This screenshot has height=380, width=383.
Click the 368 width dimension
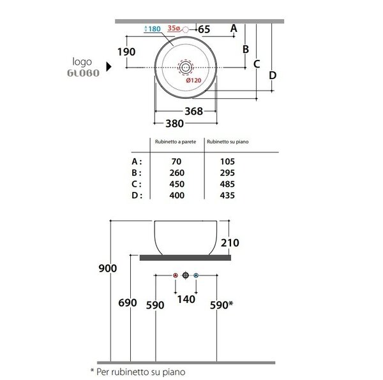(193, 111)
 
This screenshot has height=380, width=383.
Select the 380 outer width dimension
(175, 124)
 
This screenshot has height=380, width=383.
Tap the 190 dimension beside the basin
(126, 52)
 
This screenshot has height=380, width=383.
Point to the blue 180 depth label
(153, 29)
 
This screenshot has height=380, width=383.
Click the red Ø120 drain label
(193, 80)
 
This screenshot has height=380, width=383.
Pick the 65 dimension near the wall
(204, 29)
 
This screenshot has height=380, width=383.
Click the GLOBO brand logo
(83, 73)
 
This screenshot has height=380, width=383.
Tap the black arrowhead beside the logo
(109, 66)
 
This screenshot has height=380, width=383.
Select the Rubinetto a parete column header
(176, 142)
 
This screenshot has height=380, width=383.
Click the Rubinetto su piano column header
(228, 142)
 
